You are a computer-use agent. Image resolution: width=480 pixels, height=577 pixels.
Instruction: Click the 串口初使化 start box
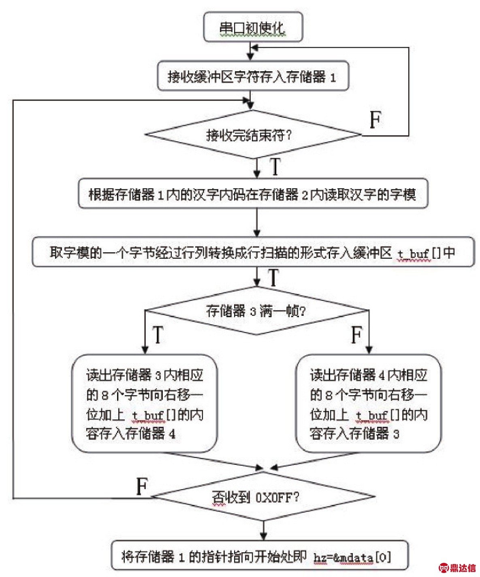pyautogui.click(x=253, y=27)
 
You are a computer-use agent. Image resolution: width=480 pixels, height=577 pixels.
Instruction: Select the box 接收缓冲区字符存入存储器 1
pyautogui.click(x=252, y=76)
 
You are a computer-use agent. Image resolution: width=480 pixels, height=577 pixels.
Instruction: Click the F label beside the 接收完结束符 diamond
pyautogui.click(x=375, y=120)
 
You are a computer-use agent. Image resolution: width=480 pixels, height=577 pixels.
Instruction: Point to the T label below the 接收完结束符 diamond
pyautogui.click(x=275, y=166)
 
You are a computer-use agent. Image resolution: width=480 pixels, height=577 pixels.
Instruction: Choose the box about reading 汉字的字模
pyautogui.click(x=252, y=194)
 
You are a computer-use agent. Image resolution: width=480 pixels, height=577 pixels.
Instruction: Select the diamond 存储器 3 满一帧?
pyautogui.click(x=256, y=311)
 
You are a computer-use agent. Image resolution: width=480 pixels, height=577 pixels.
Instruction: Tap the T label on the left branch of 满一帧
pyautogui.click(x=158, y=334)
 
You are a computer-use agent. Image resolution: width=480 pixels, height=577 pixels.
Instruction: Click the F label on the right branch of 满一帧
pyautogui.click(x=356, y=334)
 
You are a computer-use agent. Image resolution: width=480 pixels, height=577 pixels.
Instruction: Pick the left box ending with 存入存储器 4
pyautogui.click(x=145, y=404)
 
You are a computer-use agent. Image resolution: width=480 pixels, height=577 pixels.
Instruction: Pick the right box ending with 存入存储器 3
pyautogui.click(x=368, y=404)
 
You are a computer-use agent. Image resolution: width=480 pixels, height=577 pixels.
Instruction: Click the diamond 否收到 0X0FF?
pyautogui.click(x=263, y=496)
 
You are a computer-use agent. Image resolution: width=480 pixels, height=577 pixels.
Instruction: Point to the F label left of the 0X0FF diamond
pyautogui.click(x=142, y=486)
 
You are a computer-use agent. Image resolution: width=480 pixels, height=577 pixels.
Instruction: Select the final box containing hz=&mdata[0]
pyautogui.click(x=260, y=556)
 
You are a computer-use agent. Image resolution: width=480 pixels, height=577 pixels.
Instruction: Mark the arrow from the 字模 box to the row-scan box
pyautogui.click(x=257, y=222)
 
